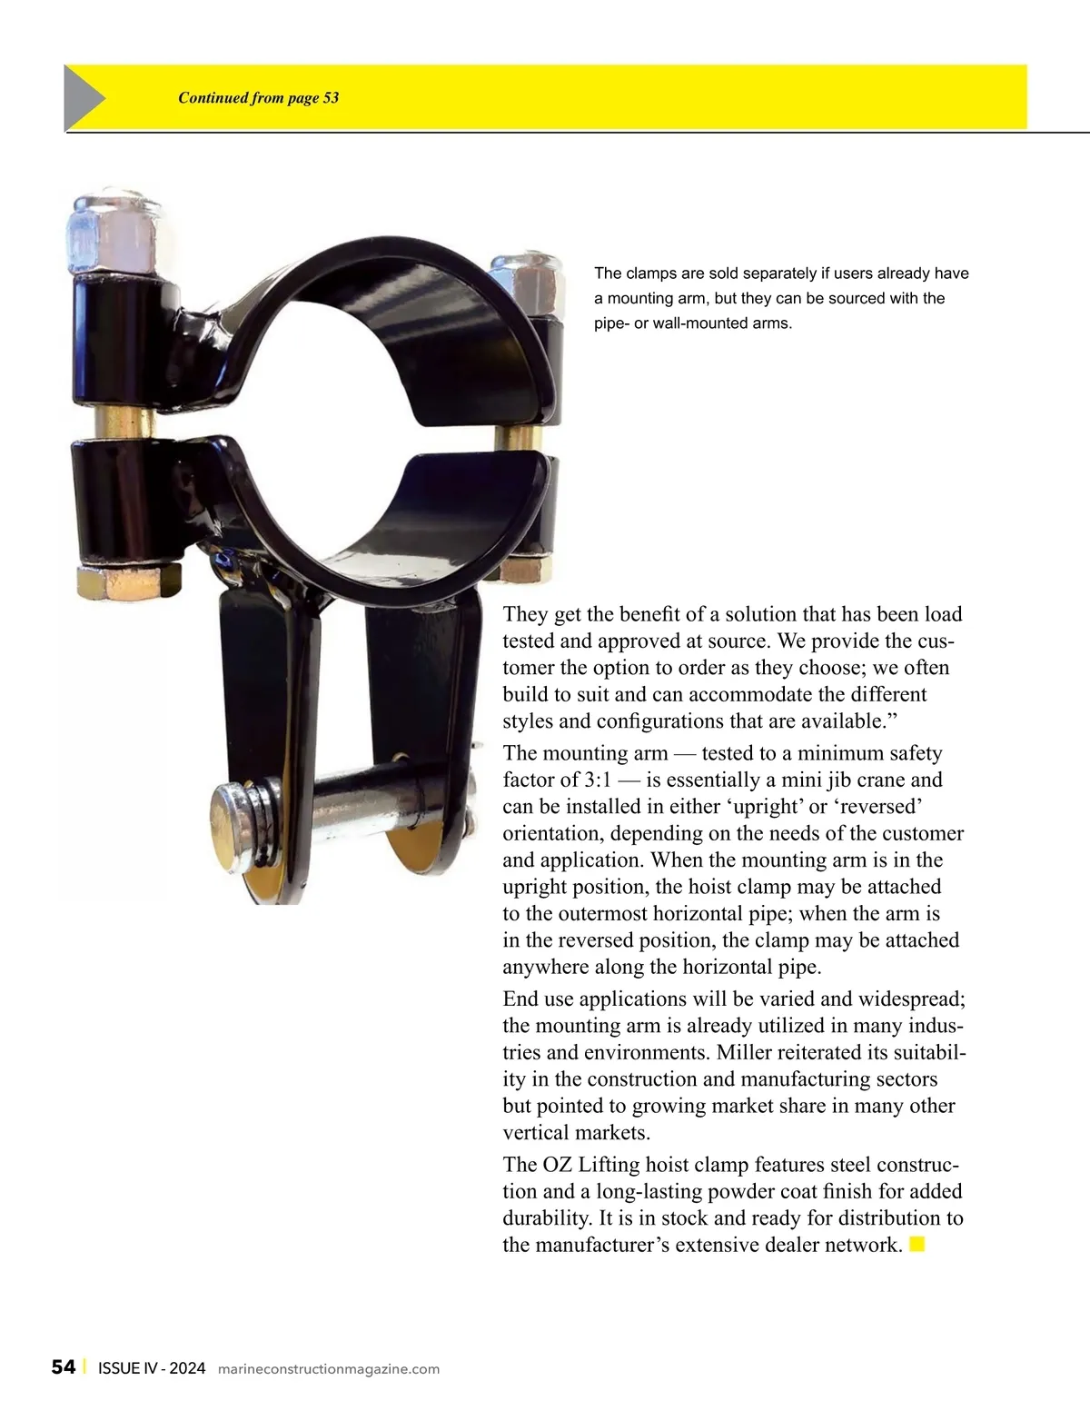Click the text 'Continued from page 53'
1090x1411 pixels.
258,98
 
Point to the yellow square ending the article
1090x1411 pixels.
917,1244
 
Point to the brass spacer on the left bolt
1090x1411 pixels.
123,422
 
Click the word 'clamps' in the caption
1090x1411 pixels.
649,273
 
